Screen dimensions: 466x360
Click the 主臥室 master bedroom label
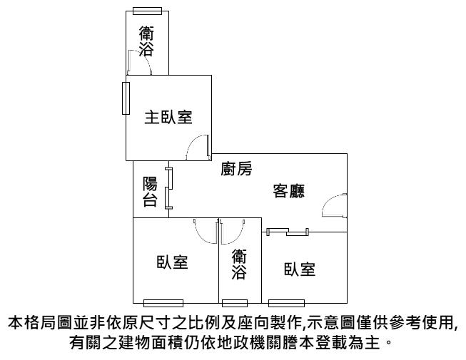(x=168, y=117)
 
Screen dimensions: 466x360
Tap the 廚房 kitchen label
(x=236, y=168)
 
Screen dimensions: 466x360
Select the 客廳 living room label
(x=289, y=191)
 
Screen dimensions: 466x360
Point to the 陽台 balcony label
(x=150, y=192)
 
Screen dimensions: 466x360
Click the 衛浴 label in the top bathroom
(x=146, y=41)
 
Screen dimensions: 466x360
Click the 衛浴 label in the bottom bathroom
(x=239, y=264)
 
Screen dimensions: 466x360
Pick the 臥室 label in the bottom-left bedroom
(x=173, y=262)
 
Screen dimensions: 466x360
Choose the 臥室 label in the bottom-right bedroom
(x=300, y=269)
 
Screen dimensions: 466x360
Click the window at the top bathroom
(x=148, y=11)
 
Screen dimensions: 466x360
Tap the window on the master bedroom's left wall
(x=126, y=98)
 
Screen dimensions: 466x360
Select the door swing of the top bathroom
(x=140, y=62)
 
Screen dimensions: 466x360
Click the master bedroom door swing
(x=198, y=148)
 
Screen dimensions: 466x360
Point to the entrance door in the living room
(x=335, y=205)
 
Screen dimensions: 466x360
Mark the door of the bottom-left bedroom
(x=206, y=231)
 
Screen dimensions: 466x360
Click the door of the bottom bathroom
(x=233, y=232)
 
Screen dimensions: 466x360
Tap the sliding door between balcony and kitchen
(x=169, y=188)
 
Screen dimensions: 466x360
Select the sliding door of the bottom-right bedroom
(x=288, y=232)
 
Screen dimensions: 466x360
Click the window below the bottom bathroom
(x=235, y=303)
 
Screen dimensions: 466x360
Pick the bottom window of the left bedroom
(x=163, y=303)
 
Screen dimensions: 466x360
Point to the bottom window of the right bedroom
(x=286, y=303)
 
